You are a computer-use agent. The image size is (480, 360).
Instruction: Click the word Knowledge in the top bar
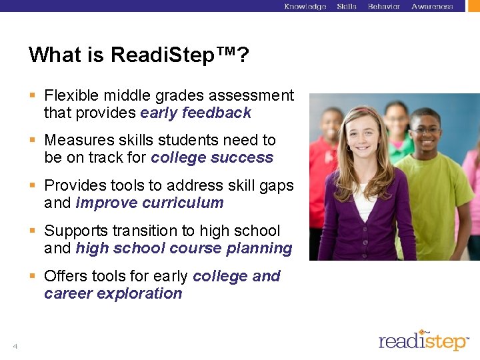pos(305,7)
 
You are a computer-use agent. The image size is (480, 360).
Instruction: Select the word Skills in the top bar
pos(347,7)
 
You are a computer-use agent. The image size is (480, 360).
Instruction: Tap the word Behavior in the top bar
pos(384,7)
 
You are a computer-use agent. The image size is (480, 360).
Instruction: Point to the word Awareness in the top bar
pos(432,7)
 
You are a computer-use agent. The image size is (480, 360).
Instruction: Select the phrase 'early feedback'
pos(195,113)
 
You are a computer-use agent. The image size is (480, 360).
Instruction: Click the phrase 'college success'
pos(212,158)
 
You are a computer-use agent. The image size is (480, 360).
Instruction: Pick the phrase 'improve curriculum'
pos(149,203)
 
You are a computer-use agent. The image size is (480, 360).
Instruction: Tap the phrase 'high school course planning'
pos(184,249)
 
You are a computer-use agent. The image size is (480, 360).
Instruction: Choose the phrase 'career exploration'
pos(113,294)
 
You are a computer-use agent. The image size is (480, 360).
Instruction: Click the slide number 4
pos(15,346)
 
